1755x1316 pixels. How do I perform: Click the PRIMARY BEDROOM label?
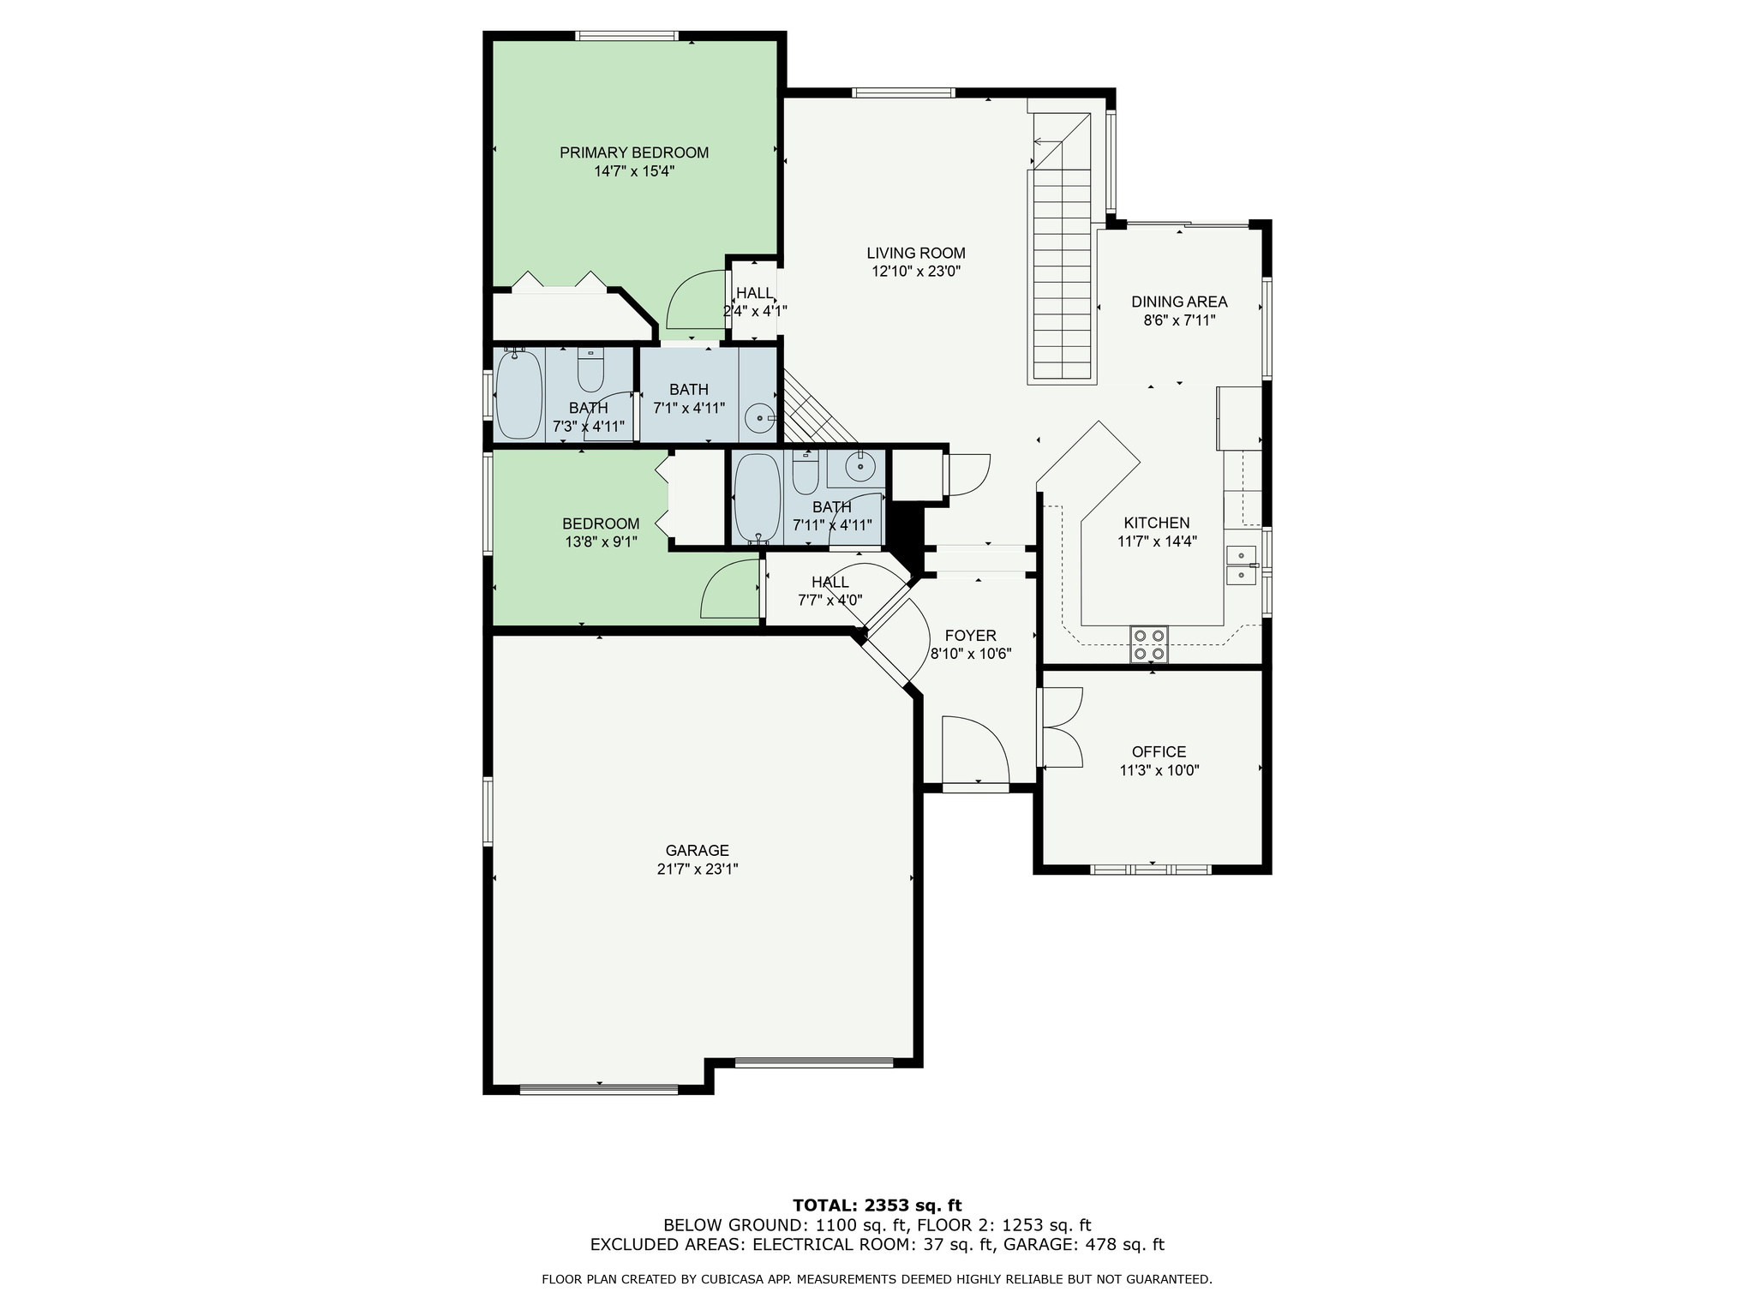[634, 153]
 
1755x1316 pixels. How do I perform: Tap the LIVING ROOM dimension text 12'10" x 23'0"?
[916, 272]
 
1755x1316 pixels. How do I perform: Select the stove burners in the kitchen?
[1149, 644]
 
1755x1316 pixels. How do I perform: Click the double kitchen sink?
[1241, 565]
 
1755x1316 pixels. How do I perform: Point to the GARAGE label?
[698, 851]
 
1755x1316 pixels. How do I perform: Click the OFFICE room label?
[1159, 752]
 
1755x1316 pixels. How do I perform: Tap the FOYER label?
[971, 636]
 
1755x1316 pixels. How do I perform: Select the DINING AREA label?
[1179, 302]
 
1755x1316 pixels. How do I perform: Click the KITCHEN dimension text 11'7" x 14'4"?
[1157, 541]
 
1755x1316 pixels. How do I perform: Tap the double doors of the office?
[1061, 727]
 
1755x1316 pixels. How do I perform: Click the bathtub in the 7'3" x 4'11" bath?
[519, 394]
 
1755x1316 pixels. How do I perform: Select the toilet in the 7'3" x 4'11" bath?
[591, 369]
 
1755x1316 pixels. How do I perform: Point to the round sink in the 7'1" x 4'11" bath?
[760, 419]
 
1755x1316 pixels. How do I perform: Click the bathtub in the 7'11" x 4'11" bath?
[758, 499]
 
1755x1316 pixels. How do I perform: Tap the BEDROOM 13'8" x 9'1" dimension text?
[601, 542]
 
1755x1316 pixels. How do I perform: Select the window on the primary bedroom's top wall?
[628, 36]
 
